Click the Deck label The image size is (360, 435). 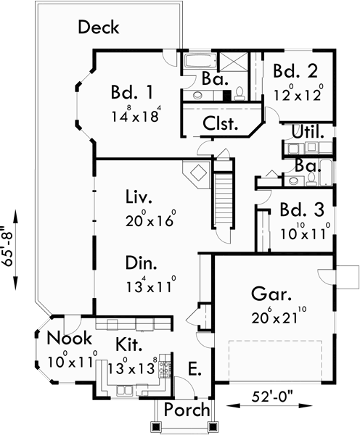(x=99, y=28)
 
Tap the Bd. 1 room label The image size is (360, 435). (x=132, y=93)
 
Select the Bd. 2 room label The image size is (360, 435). (x=295, y=71)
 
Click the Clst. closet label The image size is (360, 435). (x=221, y=123)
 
